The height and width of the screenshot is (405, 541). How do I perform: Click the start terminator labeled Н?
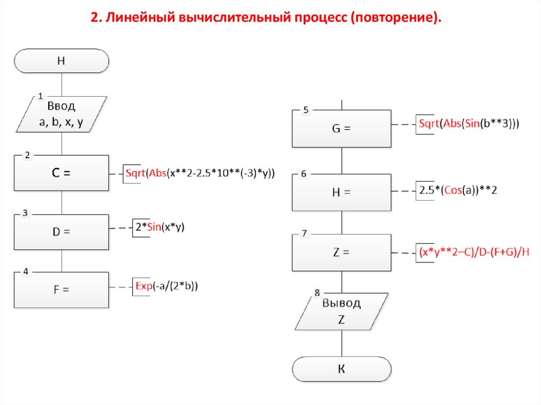point(61,61)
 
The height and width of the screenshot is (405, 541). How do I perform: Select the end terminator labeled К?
point(341,369)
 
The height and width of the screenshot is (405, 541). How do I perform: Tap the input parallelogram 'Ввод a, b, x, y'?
point(61,114)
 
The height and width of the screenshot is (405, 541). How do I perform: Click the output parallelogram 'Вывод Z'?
point(341,311)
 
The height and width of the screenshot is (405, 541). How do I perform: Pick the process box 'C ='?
point(61,173)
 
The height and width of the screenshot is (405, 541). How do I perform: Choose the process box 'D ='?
point(61,231)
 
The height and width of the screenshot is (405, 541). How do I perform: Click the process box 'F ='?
point(61,289)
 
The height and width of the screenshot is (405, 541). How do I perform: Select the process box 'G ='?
point(341,128)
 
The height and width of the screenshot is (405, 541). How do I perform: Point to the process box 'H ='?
point(341,193)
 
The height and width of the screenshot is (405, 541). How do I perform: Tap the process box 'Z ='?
point(341,252)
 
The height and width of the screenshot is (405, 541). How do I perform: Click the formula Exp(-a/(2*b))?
point(170,286)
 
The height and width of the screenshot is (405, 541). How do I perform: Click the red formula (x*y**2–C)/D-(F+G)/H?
point(474,253)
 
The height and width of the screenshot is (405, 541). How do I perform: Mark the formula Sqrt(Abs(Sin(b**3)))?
point(469,124)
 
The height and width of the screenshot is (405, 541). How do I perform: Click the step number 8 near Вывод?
point(316,293)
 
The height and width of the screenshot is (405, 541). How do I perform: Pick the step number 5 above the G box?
point(306,110)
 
